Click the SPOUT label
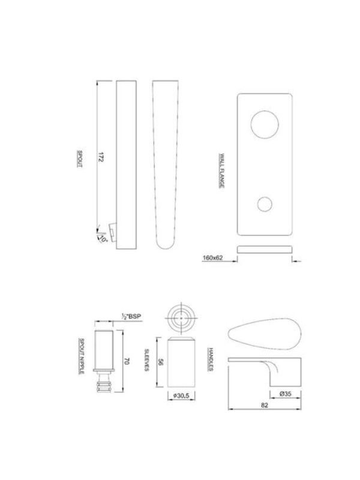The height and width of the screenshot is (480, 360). (x=80, y=158)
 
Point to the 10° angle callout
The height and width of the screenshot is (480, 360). (x=103, y=239)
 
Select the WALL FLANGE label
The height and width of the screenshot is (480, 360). (x=221, y=171)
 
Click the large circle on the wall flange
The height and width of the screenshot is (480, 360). (x=265, y=125)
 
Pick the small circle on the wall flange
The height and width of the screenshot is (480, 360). (x=265, y=204)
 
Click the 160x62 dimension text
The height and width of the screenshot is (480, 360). (x=212, y=258)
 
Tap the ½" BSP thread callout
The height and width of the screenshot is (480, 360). (x=131, y=317)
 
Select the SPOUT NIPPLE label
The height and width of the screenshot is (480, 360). (x=82, y=356)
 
